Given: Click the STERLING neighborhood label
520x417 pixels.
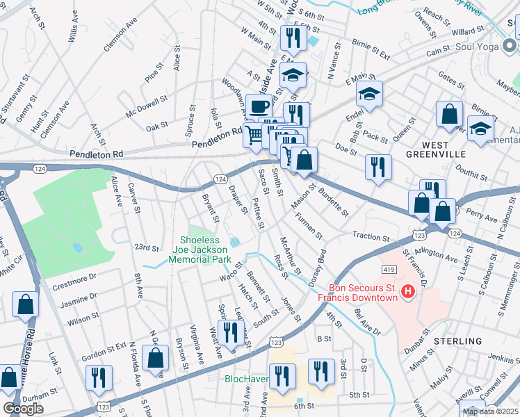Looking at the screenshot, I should click(x=456, y=341).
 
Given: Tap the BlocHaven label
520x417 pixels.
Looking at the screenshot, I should click(x=246, y=379).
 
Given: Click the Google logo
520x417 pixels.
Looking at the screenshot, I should click(x=23, y=409).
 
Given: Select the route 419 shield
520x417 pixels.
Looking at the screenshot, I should click(x=389, y=269).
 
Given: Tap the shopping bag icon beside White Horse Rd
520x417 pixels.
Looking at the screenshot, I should click(x=26, y=304).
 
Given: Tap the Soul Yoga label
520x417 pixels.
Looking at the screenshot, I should click(x=480, y=48).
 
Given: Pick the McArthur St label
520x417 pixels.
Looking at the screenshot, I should click(x=291, y=255).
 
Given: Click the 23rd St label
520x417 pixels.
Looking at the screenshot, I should click(x=147, y=247).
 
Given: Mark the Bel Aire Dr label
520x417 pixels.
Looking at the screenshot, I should click(x=368, y=322).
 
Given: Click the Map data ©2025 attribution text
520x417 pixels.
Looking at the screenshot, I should click(x=489, y=411).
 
